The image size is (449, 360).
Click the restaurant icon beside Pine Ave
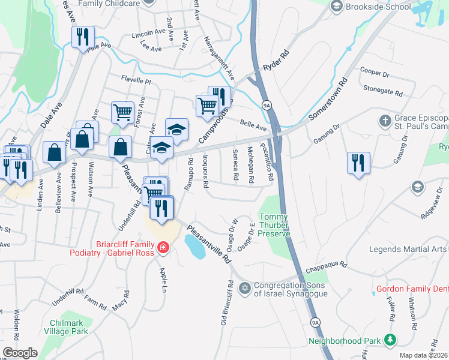83,36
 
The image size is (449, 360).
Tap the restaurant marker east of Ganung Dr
358,163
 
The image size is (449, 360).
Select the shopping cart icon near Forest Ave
122,112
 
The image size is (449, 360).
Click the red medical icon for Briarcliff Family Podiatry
162,247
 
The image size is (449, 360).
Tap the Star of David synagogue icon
244,290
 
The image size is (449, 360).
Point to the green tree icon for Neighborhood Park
390,340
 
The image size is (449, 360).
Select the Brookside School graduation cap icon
336,6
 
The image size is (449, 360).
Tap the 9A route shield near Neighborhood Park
315,322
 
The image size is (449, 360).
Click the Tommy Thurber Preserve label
273,225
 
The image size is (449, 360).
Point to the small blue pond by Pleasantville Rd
195,246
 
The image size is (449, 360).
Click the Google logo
20,353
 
